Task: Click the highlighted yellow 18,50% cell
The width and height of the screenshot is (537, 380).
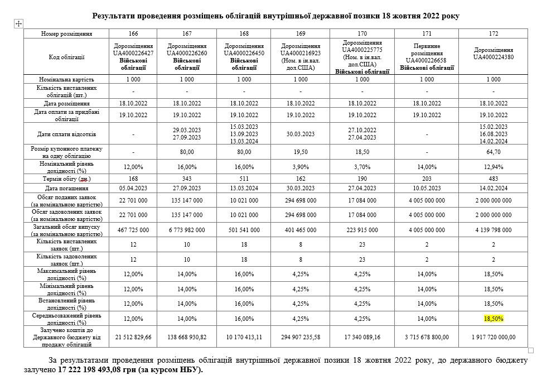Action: pos(493,319)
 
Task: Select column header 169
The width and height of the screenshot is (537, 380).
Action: pos(301,34)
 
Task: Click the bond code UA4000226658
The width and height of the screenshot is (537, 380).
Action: pos(427,60)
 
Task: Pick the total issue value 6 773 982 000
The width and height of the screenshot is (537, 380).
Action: pos(186,230)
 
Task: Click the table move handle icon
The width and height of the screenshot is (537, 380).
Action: pos(18,23)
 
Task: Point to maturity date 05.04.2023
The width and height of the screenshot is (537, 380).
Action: pos(133,189)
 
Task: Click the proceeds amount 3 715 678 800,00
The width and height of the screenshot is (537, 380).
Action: pos(427,337)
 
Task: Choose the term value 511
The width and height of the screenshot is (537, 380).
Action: pos(244,179)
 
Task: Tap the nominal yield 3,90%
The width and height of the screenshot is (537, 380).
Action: pos(301,166)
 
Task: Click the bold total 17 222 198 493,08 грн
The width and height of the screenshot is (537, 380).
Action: pos(130,369)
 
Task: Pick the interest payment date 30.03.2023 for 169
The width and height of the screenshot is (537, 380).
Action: pos(301,134)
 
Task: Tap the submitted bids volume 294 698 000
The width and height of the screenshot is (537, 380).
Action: pos(301,200)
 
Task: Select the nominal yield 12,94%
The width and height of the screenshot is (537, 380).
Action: pos(493,166)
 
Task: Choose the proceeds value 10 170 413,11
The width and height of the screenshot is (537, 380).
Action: pos(244,337)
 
